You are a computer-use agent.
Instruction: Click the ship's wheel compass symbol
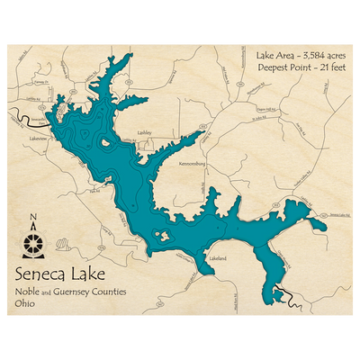[33, 242]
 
